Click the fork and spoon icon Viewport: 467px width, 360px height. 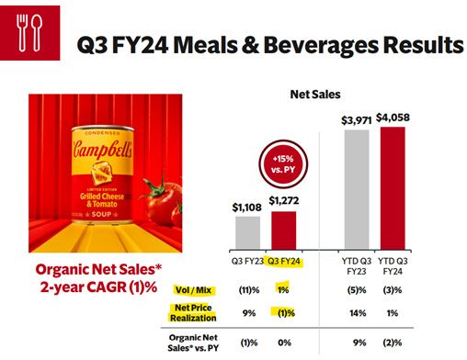click(x=29, y=33)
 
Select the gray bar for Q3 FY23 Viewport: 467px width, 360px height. click(x=247, y=233)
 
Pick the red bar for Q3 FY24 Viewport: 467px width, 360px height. click(x=284, y=231)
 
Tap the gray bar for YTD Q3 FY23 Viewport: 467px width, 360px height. click(x=357, y=189)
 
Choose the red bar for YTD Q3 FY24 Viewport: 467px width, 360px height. click(x=393, y=188)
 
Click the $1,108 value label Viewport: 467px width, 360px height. click(x=247, y=208)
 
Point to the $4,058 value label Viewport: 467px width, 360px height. click(x=393, y=118)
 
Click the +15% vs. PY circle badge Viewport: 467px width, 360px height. click(x=283, y=164)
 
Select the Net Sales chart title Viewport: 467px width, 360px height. click(x=315, y=95)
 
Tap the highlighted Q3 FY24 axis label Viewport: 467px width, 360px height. click(x=284, y=262)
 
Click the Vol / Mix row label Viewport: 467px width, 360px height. click(x=193, y=290)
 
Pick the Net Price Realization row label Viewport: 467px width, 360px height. click(x=193, y=312)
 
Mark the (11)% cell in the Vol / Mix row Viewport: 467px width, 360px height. click(x=249, y=290)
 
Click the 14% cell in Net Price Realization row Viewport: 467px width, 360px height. click(x=358, y=313)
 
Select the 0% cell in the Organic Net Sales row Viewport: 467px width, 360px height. click(x=284, y=343)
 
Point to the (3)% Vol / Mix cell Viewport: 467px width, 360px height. click(x=393, y=290)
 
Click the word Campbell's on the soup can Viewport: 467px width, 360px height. click(x=103, y=150)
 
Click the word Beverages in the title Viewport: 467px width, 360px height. click(x=322, y=45)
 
